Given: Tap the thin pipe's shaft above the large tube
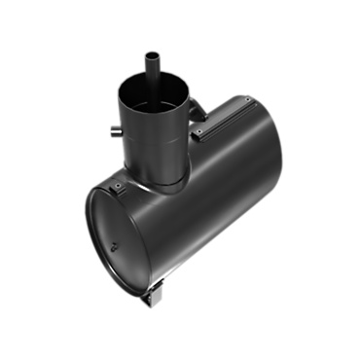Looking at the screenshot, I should coord(152,70).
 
